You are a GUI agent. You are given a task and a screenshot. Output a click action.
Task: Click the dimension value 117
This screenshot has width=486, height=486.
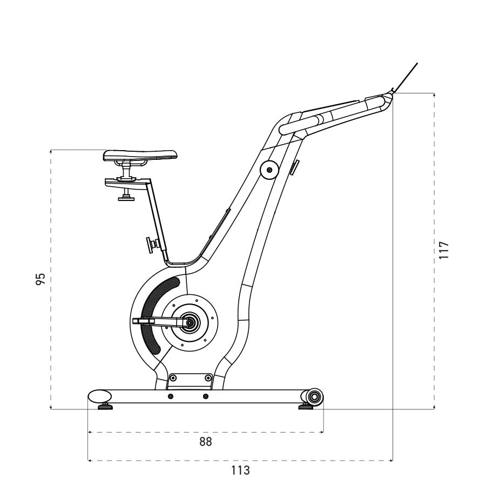coord(444,251)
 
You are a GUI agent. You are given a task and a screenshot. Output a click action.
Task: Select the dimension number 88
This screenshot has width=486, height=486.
coord(205,442)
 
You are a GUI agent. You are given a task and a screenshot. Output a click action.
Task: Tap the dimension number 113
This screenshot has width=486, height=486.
coord(240,470)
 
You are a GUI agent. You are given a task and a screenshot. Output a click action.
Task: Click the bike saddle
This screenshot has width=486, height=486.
coord(140,156)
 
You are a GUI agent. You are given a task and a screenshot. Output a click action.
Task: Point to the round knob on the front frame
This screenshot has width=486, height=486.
coord(268,170)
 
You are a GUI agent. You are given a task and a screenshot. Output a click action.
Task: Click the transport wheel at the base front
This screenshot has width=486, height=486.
coord(314,397)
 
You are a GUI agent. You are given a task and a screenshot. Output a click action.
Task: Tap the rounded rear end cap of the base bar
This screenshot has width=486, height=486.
coord(99,396)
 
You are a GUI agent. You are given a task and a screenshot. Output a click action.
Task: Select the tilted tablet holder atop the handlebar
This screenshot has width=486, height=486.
coord(406,77)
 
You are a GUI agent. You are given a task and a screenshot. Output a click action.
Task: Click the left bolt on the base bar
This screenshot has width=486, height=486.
coord(171,397)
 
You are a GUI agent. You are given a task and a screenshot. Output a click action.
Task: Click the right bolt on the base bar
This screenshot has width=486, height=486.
coord(205,397)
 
